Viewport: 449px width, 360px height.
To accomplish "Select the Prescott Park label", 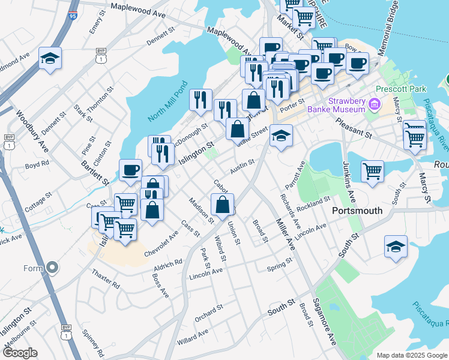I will point(401,89).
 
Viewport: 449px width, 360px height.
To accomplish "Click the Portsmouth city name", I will point(357,211).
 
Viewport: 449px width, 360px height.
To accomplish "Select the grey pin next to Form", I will point(52,267).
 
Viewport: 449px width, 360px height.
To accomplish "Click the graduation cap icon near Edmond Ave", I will point(50,59).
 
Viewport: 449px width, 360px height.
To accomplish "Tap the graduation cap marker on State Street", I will point(280,136).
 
